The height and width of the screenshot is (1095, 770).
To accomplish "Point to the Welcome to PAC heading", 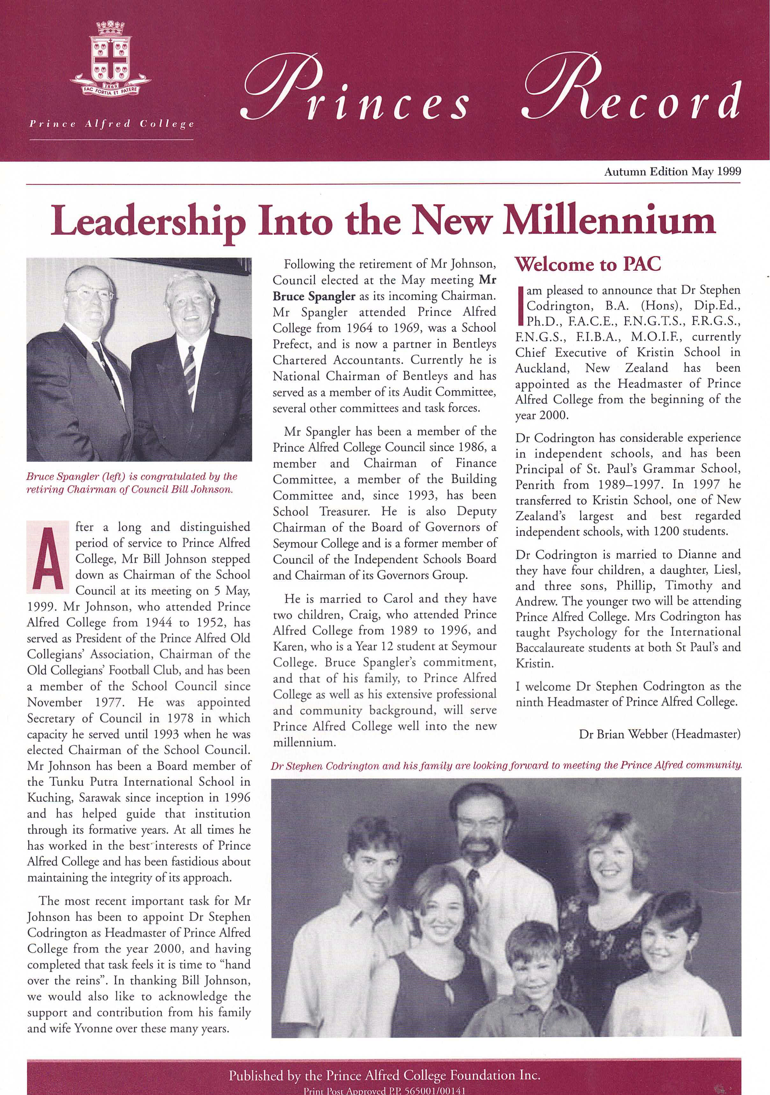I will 588,264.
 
